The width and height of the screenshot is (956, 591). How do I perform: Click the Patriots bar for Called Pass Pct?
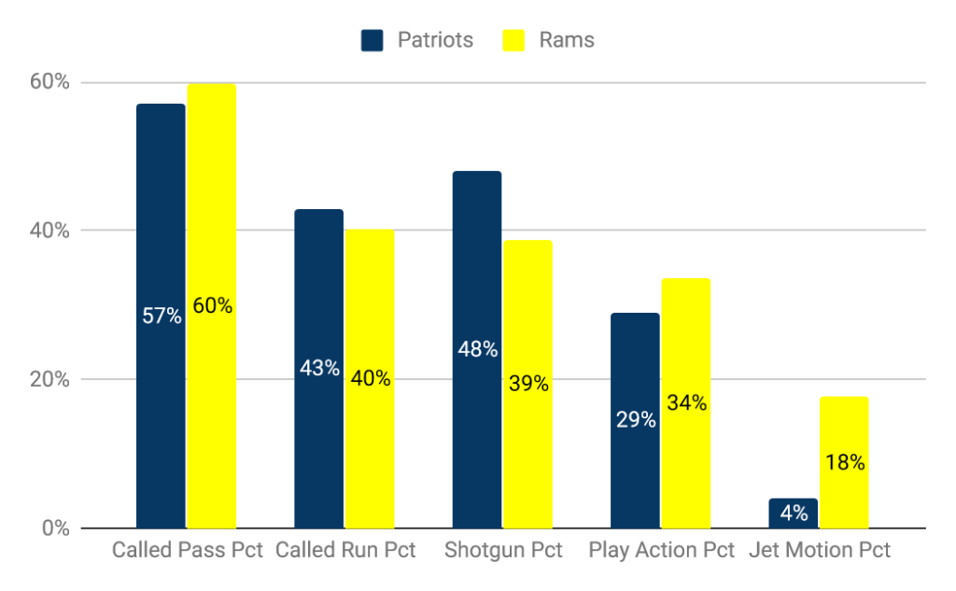(161, 233)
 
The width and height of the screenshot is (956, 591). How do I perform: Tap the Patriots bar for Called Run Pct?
(318, 280)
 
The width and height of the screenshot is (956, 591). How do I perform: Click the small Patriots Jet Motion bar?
(793, 514)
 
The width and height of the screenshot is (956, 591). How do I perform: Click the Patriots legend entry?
(417, 40)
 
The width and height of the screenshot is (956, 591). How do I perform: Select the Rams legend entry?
(549, 40)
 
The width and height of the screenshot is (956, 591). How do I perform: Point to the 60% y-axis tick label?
(49, 82)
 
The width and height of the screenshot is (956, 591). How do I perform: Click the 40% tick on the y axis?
(49, 231)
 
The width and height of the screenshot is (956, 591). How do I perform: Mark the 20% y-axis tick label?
(49, 380)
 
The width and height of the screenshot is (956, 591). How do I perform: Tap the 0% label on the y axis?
(54, 528)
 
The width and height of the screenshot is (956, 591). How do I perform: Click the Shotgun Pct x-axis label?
(503, 551)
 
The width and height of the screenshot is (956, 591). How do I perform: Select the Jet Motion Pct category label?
(819, 551)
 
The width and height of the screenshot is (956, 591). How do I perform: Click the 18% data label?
(844, 462)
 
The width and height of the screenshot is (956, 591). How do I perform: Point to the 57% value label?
(162, 316)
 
